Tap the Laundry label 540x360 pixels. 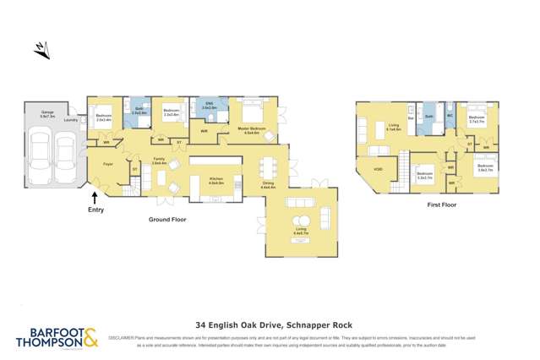click(x=72, y=120)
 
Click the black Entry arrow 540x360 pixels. click(x=94, y=198)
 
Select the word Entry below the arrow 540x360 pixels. click(x=95, y=210)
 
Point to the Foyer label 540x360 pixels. click(x=108, y=164)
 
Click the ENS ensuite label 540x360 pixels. click(x=210, y=105)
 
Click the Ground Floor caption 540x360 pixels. click(x=169, y=220)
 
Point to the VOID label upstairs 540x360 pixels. click(x=378, y=168)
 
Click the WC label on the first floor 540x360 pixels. click(x=450, y=116)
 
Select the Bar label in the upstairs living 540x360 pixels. click(x=411, y=118)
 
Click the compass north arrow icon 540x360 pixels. click(x=41, y=51)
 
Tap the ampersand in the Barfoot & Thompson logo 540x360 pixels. click(x=90, y=337)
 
